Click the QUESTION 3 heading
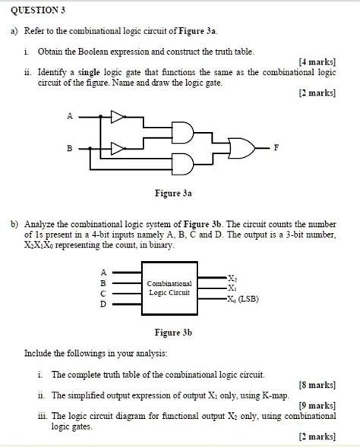[x=38, y=11]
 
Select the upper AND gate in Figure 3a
[x=182, y=133]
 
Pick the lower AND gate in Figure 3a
[x=182, y=164]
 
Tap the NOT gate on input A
[x=118, y=117]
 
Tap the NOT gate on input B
[x=118, y=149]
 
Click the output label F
[x=276, y=148]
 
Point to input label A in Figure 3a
[x=70, y=116]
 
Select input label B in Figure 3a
[x=70, y=148]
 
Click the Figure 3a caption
[x=173, y=194]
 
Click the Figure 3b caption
[x=173, y=332]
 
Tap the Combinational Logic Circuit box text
[x=169, y=288]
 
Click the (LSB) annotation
[x=248, y=299]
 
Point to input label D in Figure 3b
[x=103, y=304]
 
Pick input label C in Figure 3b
[x=103, y=294]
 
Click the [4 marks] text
[x=317, y=62]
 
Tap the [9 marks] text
[x=317, y=405]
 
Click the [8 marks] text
[x=317, y=385]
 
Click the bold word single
[x=89, y=73]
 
